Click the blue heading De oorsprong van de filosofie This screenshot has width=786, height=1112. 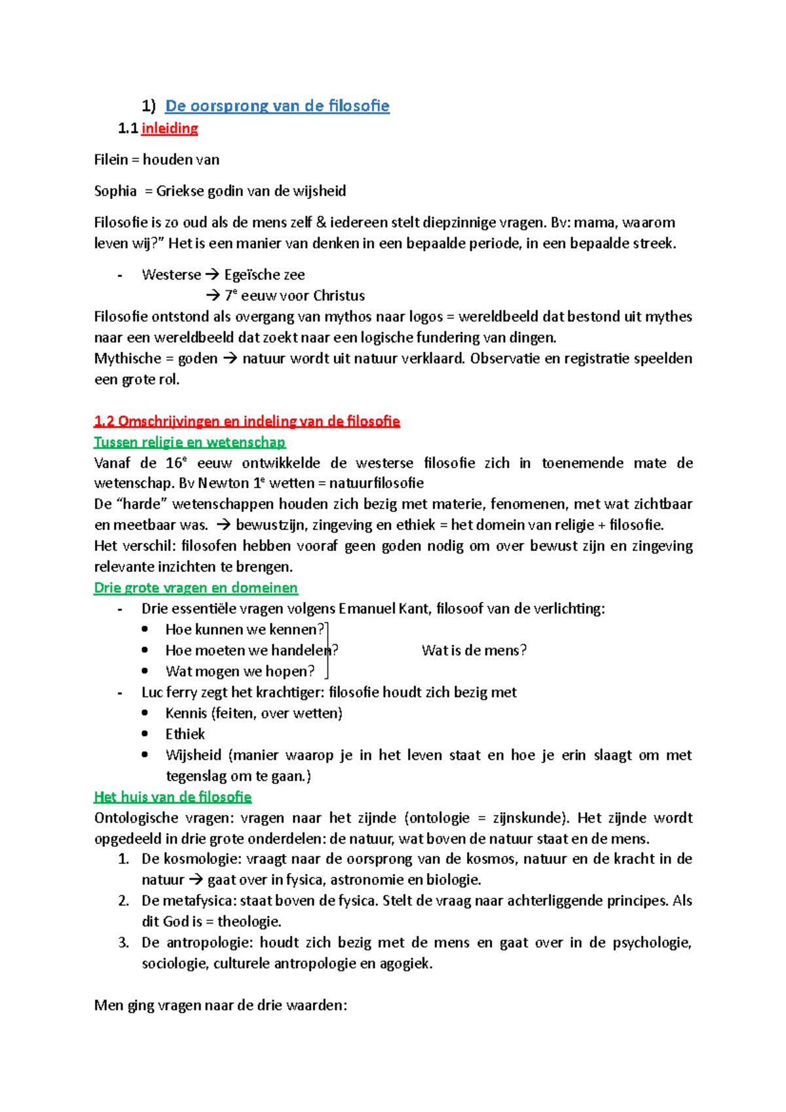(277, 106)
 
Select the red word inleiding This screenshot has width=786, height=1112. (170, 128)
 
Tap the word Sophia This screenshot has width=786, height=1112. (115, 191)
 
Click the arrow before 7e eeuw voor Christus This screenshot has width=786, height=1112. (214, 296)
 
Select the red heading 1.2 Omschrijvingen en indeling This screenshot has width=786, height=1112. (247, 421)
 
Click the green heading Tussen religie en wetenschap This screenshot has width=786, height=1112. (190, 442)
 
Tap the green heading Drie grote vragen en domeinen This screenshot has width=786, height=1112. (196, 588)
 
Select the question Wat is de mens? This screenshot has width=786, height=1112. (474, 650)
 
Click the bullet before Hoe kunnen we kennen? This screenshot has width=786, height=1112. (145, 629)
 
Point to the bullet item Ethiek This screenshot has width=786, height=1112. (185, 734)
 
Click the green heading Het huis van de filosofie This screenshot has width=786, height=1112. (173, 797)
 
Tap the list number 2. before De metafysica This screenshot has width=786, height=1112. (123, 901)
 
